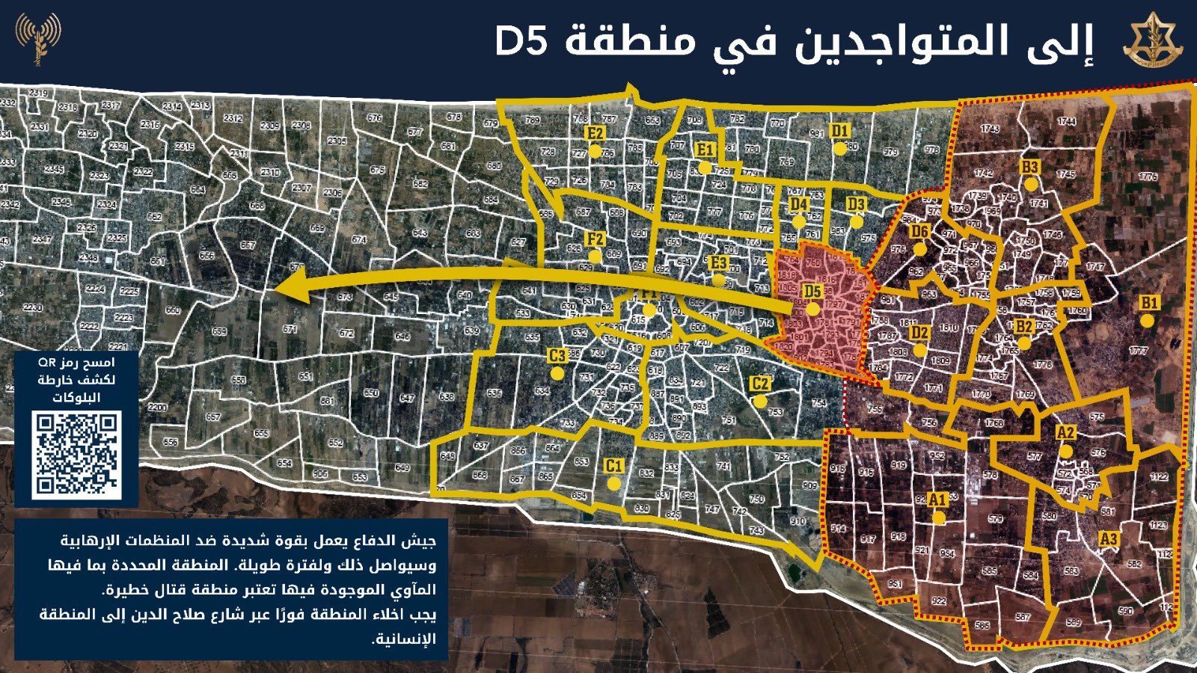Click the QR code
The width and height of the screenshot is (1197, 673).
point(76,454)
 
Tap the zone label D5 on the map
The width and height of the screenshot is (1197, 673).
point(812,292)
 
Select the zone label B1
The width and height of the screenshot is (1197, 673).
point(1148,303)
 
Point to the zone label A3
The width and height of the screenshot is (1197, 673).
point(1109,538)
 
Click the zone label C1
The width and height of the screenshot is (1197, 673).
point(613,466)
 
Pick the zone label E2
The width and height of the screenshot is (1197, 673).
point(595,133)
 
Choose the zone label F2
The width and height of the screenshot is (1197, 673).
point(595,239)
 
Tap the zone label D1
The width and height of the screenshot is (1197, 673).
point(840,131)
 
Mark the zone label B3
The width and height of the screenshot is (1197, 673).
point(1030,167)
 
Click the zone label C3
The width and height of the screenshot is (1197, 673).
point(557,356)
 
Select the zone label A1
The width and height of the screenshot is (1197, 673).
point(937,500)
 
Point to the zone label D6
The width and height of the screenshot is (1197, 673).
point(919,231)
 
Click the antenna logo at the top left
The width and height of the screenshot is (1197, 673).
point(37,37)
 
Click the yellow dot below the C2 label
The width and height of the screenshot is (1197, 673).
point(760,402)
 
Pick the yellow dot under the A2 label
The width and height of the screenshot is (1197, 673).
point(1065,452)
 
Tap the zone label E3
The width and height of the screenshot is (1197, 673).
point(718,262)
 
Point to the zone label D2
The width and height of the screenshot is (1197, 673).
point(920,333)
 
